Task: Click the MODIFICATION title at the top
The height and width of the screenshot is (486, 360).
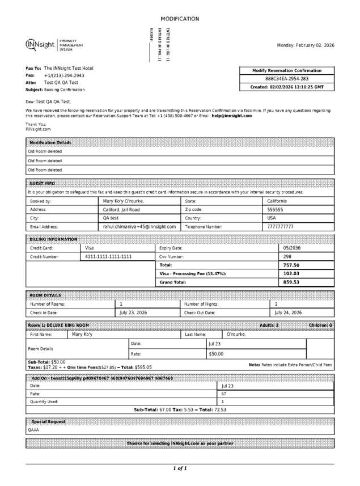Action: point(180,19)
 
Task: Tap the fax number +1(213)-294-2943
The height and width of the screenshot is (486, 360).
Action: point(64,75)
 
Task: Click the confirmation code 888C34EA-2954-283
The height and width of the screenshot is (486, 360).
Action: point(287,79)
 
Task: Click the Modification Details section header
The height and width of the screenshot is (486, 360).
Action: point(50,142)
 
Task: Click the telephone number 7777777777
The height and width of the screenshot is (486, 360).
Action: point(280,226)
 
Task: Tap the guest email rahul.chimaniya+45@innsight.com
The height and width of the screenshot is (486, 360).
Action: point(139,226)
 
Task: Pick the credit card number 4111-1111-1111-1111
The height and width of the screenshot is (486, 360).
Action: point(108,256)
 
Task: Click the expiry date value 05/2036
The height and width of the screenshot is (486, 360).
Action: point(292,248)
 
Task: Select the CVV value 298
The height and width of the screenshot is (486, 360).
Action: point(287,256)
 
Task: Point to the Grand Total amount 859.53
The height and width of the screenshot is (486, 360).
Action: point(291,282)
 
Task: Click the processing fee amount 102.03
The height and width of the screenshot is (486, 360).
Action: point(291,273)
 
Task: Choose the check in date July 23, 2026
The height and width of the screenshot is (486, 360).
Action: point(133,312)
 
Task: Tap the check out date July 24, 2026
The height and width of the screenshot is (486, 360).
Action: point(288,312)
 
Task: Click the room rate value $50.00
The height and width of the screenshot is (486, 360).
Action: point(216,354)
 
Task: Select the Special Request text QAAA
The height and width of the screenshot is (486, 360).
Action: point(33,430)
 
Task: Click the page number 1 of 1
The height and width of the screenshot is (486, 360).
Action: point(180,468)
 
